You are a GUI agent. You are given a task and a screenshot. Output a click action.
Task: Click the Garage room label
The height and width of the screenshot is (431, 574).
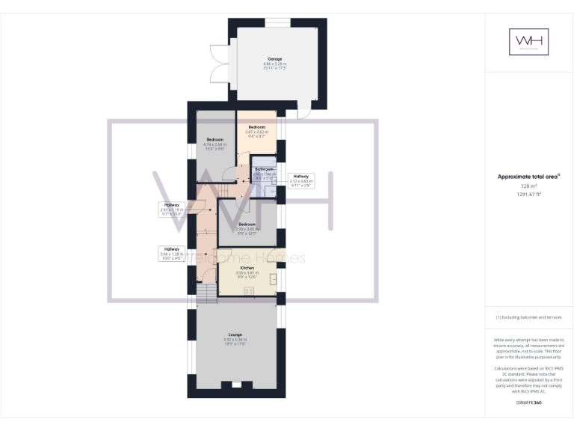275,58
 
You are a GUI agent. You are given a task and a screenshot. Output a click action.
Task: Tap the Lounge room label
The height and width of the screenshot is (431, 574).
235,334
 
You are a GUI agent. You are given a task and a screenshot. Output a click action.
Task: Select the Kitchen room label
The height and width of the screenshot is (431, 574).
247,268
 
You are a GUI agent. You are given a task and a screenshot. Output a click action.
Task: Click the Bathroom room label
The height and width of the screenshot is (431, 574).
262,170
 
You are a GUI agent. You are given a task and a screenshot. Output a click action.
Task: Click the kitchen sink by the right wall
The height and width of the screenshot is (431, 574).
273,279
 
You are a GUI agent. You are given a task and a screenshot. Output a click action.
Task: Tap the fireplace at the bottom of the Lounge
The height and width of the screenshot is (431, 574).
235,385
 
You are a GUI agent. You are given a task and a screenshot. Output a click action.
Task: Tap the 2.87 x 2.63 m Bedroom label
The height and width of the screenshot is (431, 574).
256,129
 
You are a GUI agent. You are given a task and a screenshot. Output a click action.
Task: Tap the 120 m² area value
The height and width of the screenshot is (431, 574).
528,186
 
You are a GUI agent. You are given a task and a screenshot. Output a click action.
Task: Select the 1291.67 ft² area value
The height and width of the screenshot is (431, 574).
528,194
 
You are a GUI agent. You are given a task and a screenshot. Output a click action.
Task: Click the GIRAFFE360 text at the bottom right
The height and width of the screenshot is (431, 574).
528,403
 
